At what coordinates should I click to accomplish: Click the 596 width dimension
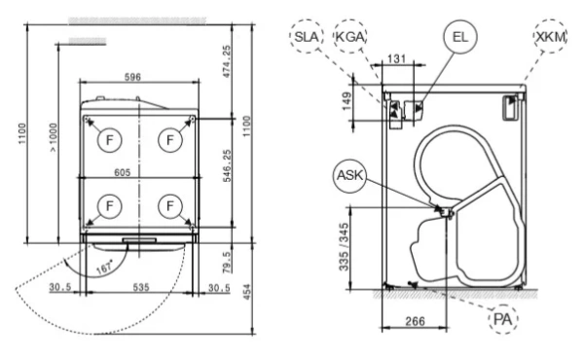coord(132,77)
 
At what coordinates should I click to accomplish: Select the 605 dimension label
coord(123,172)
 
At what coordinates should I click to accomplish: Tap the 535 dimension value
coord(141,287)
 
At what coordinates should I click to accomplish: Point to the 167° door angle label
coord(105,267)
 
